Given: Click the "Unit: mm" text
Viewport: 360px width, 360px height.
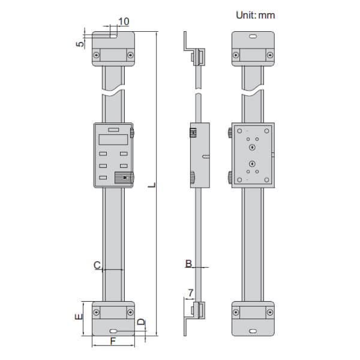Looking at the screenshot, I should [254, 15].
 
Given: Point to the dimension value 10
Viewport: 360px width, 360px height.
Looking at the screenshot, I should [124, 22].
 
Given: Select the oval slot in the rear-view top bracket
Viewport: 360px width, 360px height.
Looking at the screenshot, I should [253, 38].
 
